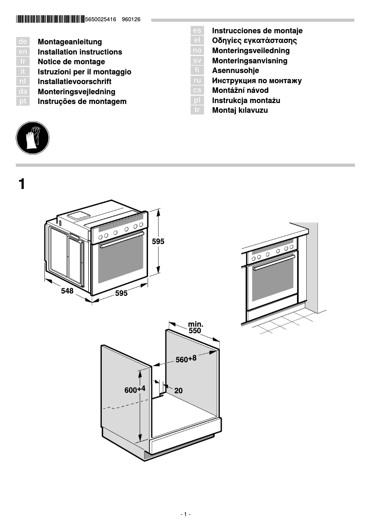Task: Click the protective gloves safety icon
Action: point(32,138)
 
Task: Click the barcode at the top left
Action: point(50,19)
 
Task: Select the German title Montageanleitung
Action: point(69,42)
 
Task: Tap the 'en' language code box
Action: point(23,52)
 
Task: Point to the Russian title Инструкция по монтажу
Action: point(257,81)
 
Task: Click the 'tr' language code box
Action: point(197,110)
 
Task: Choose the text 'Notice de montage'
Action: point(71,62)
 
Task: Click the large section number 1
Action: point(22,184)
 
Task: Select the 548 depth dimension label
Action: point(68,291)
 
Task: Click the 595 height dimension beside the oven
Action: point(158,241)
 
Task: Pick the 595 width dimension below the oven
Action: point(121,293)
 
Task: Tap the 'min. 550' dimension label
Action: point(195,328)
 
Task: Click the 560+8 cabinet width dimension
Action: point(186,359)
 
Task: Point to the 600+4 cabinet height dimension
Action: point(135,390)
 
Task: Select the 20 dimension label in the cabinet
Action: point(178,390)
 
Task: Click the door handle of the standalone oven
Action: point(122,240)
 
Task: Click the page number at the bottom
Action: point(185,514)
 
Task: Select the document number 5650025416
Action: point(101,20)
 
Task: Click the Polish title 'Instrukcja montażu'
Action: point(246,101)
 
